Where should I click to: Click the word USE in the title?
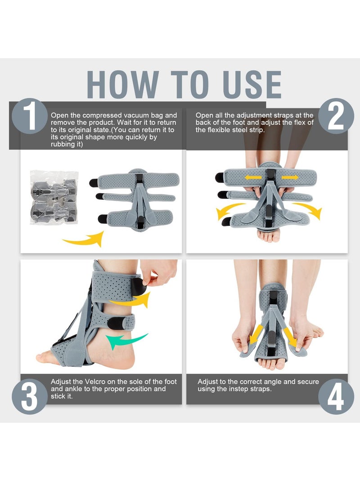[247, 85]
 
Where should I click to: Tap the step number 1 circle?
[29, 116]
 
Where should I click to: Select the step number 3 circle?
[29, 396]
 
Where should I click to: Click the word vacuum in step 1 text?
[129, 116]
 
